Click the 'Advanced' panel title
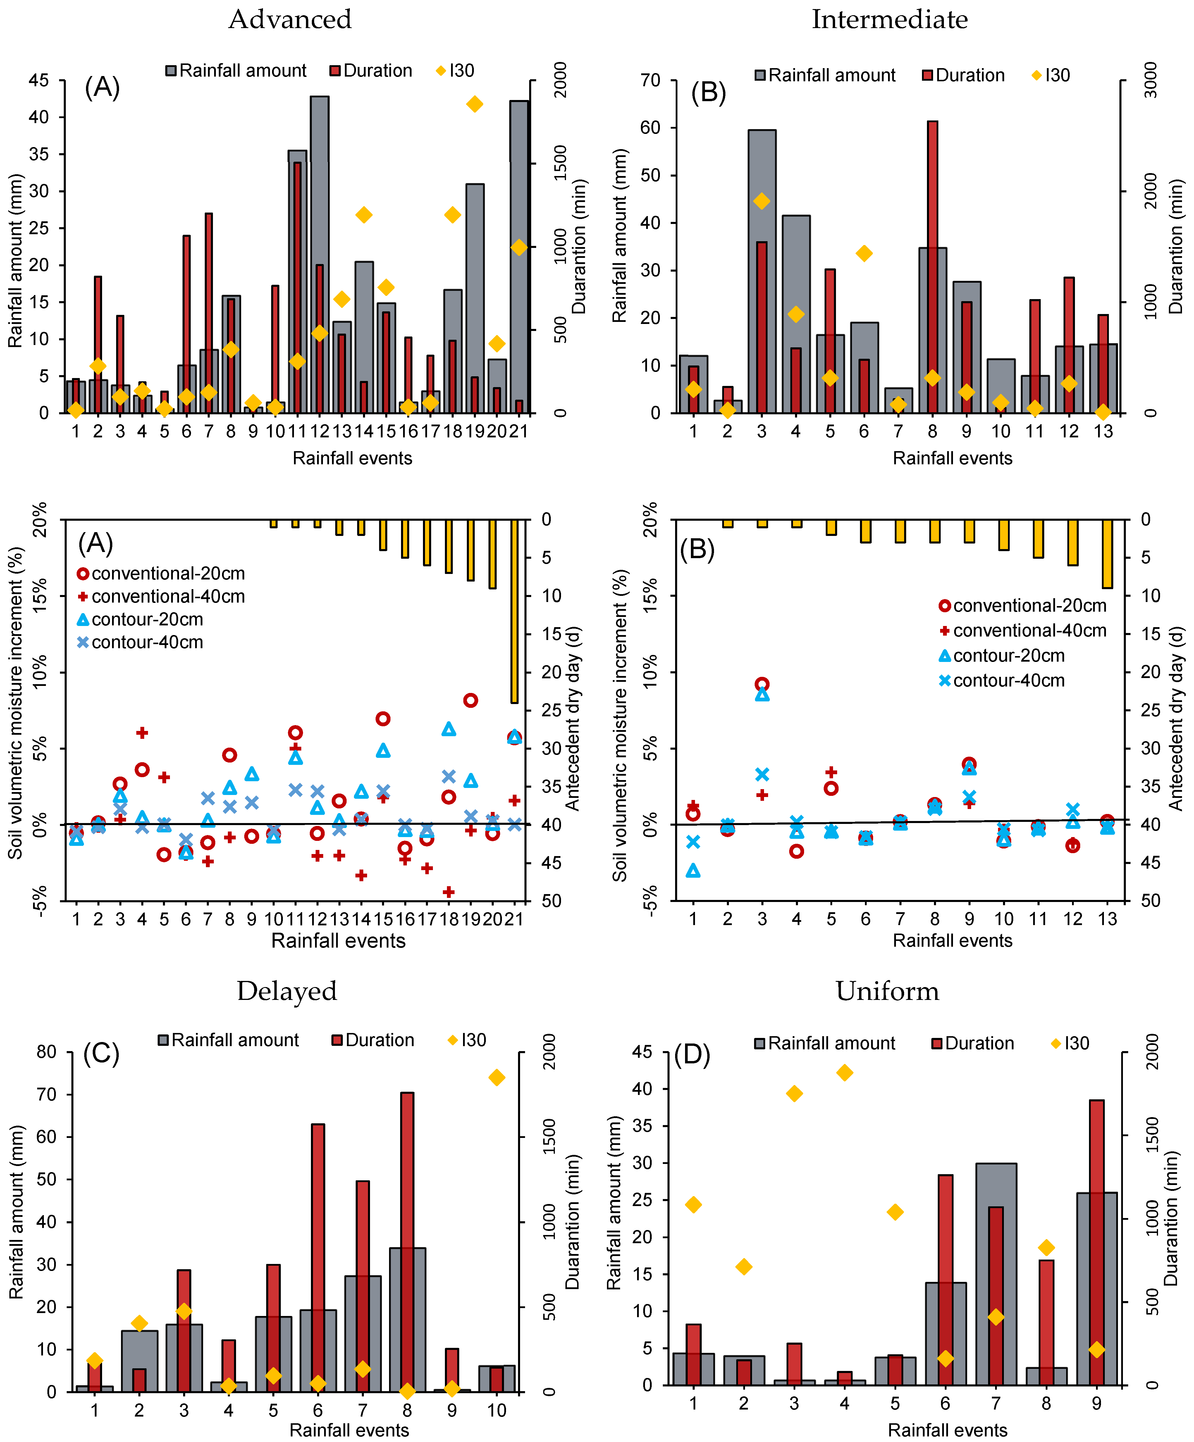pyautogui.click(x=290, y=19)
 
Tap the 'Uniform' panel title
pyautogui.click(x=887, y=991)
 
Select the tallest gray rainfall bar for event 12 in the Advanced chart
pyautogui.click(x=319, y=254)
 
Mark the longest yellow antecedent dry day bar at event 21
pyautogui.click(x=514, y=611)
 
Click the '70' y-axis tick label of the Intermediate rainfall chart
pyautogui.click(x=651, y=80)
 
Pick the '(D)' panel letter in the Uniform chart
pyautogui.click(x=692, y=1054)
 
